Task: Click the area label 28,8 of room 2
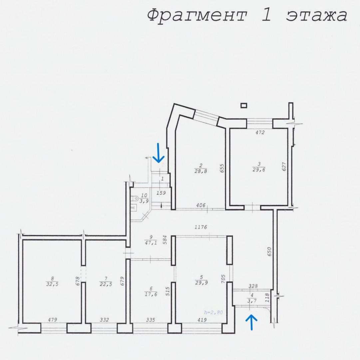(201, 171)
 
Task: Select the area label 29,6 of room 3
(259, 169)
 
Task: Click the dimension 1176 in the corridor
(201, 227)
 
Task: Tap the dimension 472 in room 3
(260, 132)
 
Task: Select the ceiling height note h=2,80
(213, 312)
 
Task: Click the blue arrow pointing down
(159, 153)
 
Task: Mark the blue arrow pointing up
(251, 322)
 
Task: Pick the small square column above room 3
(244, 105)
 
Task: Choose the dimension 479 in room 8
(52, 320)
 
